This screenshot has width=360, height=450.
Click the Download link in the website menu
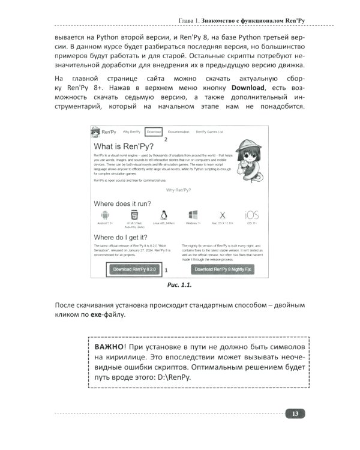click(154, 131)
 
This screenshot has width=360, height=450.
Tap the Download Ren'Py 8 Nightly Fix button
click(223, 270)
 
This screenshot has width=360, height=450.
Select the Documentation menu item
click(178, 131)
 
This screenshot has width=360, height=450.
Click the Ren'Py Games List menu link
click(212, 131)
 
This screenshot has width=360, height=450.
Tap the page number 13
click(295, 413)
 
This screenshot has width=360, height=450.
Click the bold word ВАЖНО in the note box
click(112, 349)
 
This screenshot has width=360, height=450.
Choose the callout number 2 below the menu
click(166, 139)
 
